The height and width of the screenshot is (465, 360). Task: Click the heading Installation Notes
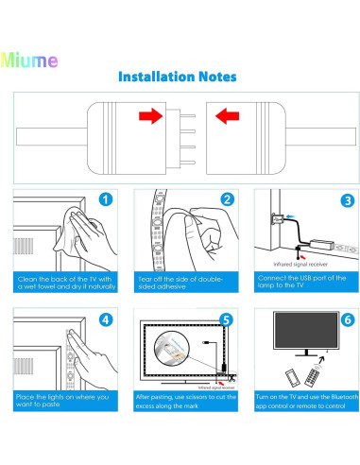178,77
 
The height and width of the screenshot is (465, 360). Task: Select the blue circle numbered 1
106,199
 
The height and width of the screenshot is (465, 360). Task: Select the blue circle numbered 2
226,199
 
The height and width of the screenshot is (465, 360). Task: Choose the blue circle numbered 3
346,199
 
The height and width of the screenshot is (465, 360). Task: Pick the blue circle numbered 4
105,320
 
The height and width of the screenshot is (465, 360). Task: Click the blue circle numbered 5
226,320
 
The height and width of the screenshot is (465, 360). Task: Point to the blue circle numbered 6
346,320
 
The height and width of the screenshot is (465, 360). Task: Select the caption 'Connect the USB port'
303,283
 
